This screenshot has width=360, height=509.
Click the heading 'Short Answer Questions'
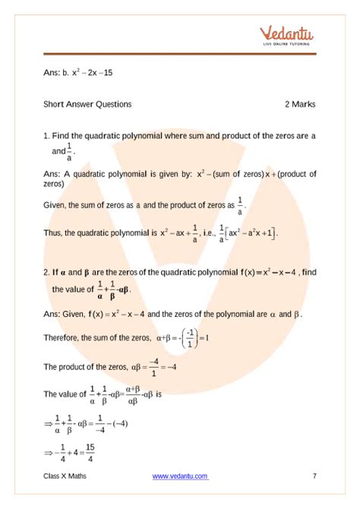click(x=87, y=104)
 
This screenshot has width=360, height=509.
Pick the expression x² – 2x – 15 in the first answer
click(x=93, y=73)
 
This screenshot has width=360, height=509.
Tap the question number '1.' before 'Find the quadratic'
click(x=47, y=135)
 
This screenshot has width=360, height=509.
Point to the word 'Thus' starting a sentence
click(x=53, y=232)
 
